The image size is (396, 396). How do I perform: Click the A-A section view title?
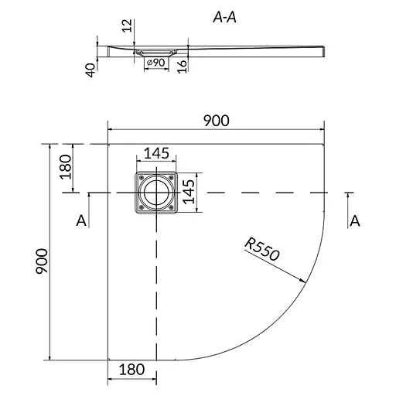click(224, 18)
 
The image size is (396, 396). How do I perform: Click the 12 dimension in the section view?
click(127, 26)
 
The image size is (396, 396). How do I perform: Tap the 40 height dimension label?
click(90, 70)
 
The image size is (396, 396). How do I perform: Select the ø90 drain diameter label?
click(155, 63)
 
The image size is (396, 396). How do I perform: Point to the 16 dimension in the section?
click(183, 67)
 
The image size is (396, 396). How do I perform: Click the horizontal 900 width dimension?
click(217, 121)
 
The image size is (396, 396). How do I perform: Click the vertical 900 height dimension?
click(42, 261)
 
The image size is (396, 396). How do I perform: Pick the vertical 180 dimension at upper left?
click(65, 167)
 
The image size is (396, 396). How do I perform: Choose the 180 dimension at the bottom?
click(131, 370)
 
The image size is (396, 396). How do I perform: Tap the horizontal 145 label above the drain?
click(156, 153)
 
